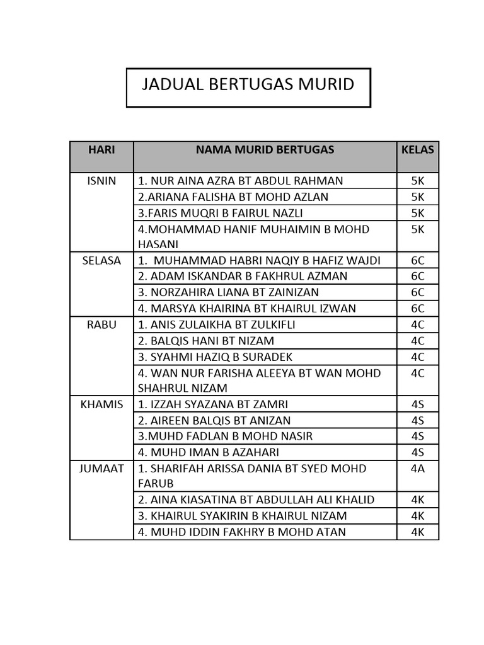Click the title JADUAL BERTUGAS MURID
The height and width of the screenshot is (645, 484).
pyautogui.click(x=248, y=84)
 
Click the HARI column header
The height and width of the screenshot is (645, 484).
pyautogui.click(x=101, y=149)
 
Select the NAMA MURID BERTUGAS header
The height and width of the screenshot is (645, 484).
pyautogui.click(x=265, y=149)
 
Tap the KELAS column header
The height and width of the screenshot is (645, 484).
pyautogui.click(x=417, y=149)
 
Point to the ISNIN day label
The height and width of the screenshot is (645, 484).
pyautogui.click(x=101, y=181)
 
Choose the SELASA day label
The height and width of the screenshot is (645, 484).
pyautogui.click(x=101, y=260)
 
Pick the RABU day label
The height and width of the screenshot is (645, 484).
pyautogui.click(x=101, y=324)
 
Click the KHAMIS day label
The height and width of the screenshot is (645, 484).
pyautogui.click(x=101, y=404)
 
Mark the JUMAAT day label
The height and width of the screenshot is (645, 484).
pyautogui.click(x=101, y=469)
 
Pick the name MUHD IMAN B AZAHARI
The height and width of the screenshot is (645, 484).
pyautogui.click(x=208, y=452)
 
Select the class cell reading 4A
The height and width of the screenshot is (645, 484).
pyautogui.click(x=417, y=469)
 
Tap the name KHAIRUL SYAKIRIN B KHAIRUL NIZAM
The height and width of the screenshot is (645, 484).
pyautogui.click(x=242, y=516)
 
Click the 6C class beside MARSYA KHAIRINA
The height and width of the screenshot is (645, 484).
pyautogui.click(x=417, y=309)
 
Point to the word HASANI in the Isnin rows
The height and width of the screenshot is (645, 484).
pyautogui.click(x=158, y=244)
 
